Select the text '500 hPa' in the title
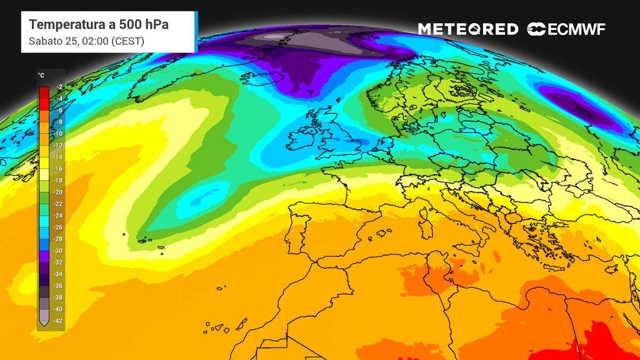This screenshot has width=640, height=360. click(x=146, y=25)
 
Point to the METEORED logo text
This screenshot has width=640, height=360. click(x=467, y=29)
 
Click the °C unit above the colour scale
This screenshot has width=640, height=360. click(x=41, y=76)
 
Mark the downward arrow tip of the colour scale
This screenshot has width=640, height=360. click(x=44, y=324)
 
